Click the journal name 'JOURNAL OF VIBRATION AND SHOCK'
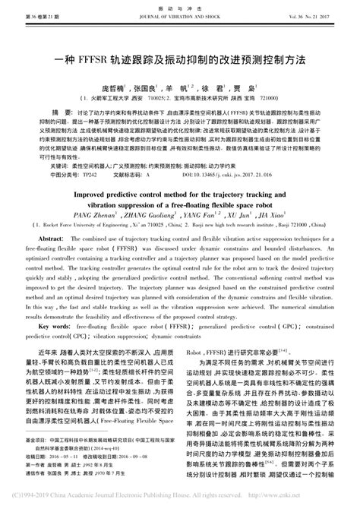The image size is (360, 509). [179, 15]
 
